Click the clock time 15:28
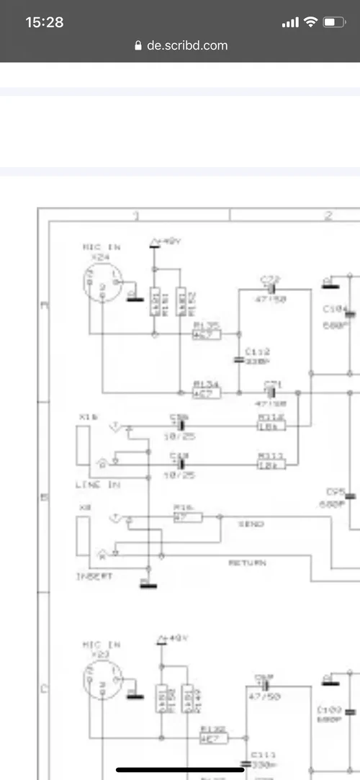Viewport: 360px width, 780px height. [45, 22]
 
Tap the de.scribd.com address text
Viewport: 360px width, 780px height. [187, 45]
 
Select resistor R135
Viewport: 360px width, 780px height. [206, 334]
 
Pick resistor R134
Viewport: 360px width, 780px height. [207, 393]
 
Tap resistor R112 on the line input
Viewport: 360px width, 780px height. [271, 426]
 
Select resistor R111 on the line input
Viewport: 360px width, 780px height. [271, 465]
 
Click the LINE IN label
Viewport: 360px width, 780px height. [98, 485]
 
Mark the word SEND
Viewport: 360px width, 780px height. [251, 524]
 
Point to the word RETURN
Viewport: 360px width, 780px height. [247, 562]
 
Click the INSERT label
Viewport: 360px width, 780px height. [95, 576]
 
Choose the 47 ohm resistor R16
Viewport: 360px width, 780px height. [188, 516]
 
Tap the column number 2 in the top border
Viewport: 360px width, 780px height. [328, 215]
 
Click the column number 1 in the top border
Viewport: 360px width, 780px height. [135, 215]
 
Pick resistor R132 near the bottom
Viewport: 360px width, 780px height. [213, 738]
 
